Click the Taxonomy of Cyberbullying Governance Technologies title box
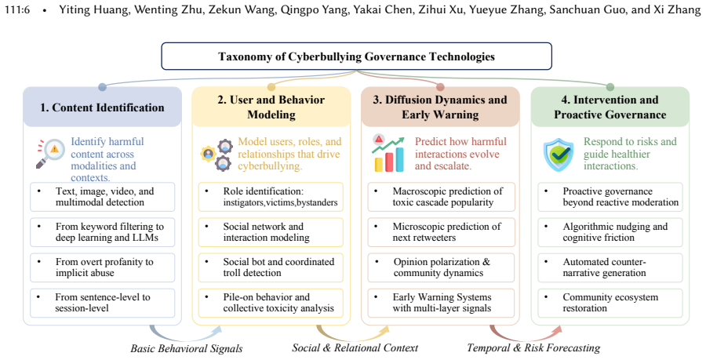pos(356,56)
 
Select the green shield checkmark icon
pos(559,155)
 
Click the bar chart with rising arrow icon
pos(388,154)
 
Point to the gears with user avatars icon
pos(217,155)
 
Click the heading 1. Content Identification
pos(102,107)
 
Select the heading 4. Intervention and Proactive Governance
pos(610,107)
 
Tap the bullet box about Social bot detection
pos(271,267)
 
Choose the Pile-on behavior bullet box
pos(271,303)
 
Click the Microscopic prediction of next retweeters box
pos(441,232)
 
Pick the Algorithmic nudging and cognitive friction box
pos(610,232)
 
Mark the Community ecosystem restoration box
pos(610,303)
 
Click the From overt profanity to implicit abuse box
pos(102,267)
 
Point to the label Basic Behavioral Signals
pos(187,348)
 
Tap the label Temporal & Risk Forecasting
pos(533,348)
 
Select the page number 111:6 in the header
pos(17,9)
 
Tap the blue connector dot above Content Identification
pos(102,87)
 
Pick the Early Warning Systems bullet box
pos(441,303)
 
